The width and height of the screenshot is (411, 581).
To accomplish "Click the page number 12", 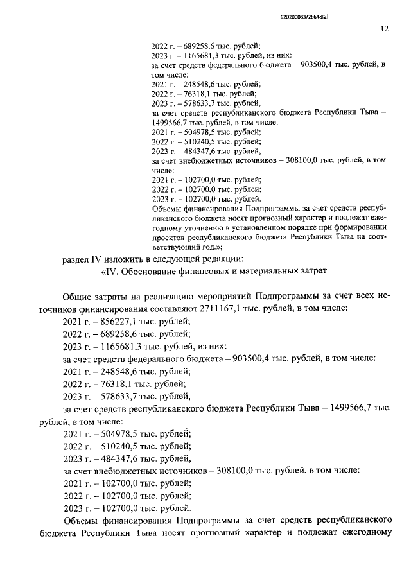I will point(383,29).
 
